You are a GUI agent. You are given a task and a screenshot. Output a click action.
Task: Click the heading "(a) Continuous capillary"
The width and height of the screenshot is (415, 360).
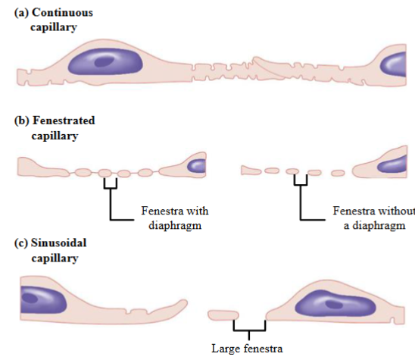(x=49, y=20)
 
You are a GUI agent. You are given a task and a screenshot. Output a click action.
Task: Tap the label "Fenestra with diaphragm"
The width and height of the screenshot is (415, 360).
(x=174, y=218)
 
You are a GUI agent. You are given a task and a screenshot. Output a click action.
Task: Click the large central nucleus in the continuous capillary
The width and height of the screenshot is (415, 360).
(x=106, y=60)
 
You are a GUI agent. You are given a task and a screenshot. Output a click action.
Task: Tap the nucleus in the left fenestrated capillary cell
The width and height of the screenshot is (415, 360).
(x=196, y=165)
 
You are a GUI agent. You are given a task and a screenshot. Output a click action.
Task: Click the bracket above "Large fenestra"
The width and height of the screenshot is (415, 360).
(x=250, y=327)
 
